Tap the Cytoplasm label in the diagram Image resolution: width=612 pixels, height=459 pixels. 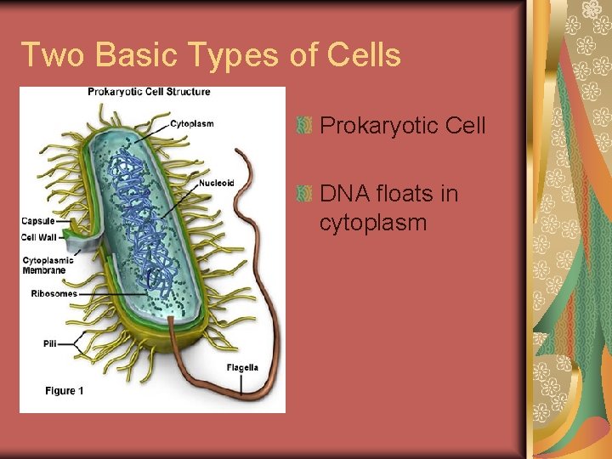pos(192,123)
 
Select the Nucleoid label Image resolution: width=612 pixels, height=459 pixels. pos(217,183)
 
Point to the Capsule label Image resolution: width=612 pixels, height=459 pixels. pos(37,221)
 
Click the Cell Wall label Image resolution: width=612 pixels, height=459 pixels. pos(38,237)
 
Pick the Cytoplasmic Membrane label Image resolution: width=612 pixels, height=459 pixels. pos(48,265)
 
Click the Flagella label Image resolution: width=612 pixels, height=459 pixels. pos(242,368)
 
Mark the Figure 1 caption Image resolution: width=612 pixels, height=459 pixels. pos(65,391)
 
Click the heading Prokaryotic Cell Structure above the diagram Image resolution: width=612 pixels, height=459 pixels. pos(149,92)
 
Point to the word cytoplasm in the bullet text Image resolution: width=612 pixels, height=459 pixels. pos(373,223)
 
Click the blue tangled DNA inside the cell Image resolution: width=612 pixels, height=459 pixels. pos(136,212)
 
